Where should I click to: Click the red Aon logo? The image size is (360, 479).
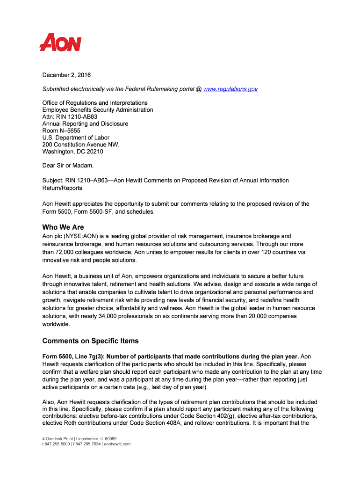coord(60,43)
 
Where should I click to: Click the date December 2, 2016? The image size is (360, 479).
coord(66,75)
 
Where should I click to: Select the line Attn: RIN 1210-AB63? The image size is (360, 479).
coord(70,116)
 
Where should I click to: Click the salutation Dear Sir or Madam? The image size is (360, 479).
coord(68,166)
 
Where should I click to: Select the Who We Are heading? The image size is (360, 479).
coord(63,227)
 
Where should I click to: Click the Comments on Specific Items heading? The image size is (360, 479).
coord(90,341)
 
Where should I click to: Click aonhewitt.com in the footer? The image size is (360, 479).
coord(117,444)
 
